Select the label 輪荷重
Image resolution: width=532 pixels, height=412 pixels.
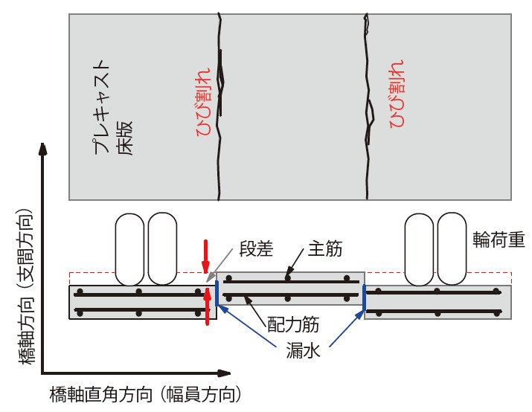(x=499, y=239)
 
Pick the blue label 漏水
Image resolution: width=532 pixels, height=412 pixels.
(x=303, y=351)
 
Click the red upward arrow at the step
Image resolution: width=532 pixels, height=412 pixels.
(x=206, y=306)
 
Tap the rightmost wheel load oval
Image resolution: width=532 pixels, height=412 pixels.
(x=452, y=249)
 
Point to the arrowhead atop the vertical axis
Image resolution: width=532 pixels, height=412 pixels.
(x=45, y=149)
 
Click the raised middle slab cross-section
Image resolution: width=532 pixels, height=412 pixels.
(x=290, y=289)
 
